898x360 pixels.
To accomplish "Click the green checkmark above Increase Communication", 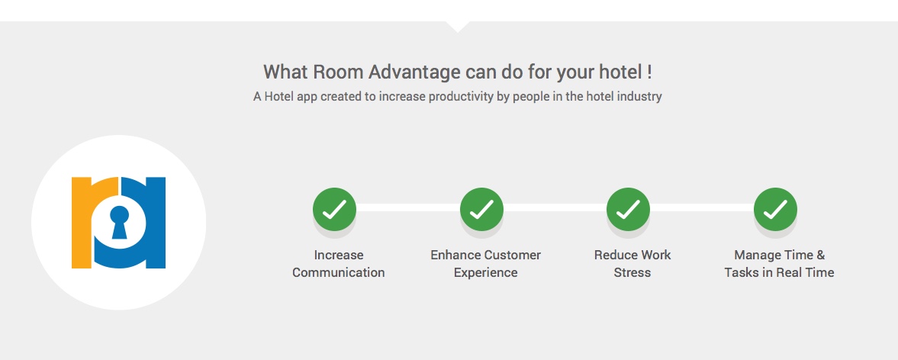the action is tap(334, 210).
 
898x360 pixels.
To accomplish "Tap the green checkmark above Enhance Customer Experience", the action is tap(481, 210).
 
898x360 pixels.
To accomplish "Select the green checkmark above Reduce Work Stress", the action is tap(628, 210).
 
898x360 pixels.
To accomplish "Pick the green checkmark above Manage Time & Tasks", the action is tap(775, 210).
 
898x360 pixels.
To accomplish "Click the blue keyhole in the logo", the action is tap(119, 222).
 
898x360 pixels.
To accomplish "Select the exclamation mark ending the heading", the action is tap(649, 72).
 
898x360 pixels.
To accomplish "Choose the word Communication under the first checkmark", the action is tap(339, 272).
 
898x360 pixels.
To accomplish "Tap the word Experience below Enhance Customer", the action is tap(486, 273).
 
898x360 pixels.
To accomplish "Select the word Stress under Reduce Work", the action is tap(632, 272).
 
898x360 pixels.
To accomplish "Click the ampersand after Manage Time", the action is tap(821, 255).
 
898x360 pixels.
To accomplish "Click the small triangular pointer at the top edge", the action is tap(458, 27).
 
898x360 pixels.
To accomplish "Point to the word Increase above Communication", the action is tap(339, 255).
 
